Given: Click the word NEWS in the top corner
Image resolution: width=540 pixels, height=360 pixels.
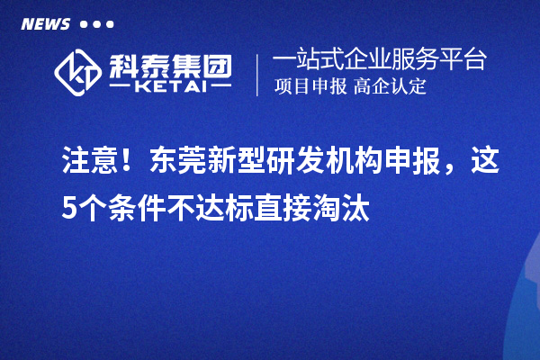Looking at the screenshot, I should point(44,23).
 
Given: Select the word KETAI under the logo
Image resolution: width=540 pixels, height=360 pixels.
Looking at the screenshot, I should point(171,87).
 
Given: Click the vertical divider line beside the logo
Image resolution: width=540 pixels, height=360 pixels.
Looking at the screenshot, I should point(258,75).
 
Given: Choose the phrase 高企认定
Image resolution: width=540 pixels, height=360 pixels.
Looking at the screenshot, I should point(391,87).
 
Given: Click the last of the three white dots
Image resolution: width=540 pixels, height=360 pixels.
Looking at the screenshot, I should point(110,24).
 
